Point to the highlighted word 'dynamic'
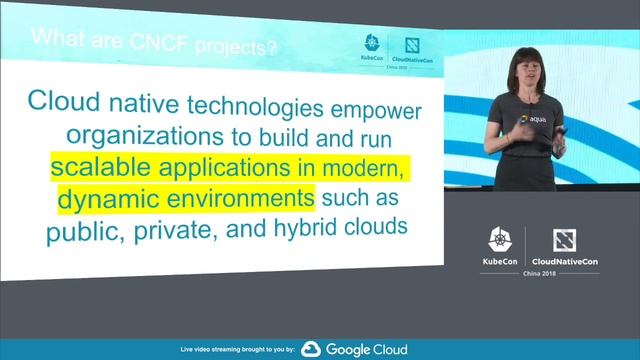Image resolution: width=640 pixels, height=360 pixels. click(106, 197)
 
